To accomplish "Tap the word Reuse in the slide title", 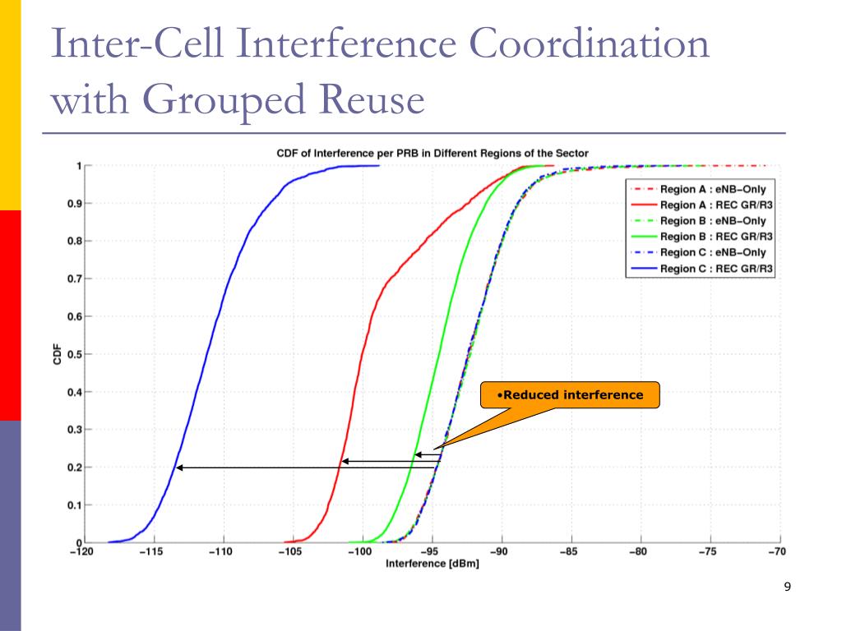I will tap(367, 100).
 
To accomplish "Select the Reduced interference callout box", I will tap(571, 395).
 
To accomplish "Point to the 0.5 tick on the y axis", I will tap(73, 354).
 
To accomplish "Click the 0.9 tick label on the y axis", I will tap(73, 204).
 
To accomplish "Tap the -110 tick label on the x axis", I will tap(221, 552).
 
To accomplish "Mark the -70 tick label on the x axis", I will tap(776, 552).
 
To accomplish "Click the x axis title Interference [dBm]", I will tap(432, 564).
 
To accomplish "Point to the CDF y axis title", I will tap(58, 354).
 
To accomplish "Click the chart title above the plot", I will tap(431, 153).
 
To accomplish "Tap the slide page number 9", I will tap(788, 587).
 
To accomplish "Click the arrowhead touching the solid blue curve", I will tap(180, 467).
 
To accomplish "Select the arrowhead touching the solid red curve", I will tap(345, 461).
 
